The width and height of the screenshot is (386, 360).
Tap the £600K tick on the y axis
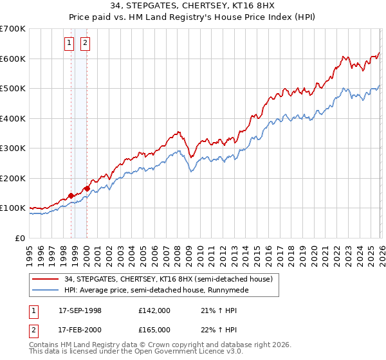13,59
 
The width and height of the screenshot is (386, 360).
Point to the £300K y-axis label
13,148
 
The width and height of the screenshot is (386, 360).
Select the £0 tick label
21,239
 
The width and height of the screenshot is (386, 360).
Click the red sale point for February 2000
87,188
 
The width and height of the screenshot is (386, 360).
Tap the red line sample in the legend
46,279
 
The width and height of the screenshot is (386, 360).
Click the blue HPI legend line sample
46,291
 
